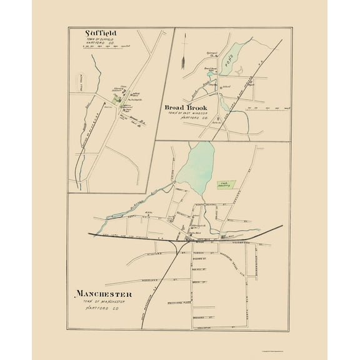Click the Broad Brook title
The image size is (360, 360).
pyautogui.click(x=188, y=107)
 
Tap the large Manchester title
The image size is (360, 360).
pyautogui.click(x=104, y=293)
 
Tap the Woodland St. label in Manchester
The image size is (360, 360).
pyautogui.click(x=151, y=279)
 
